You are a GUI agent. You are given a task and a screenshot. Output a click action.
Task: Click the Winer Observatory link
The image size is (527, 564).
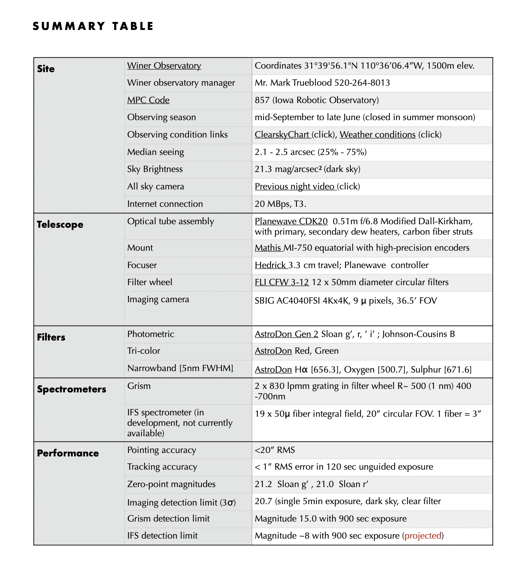click(x=164, y=66)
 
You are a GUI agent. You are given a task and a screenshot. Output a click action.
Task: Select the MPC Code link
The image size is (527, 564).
click(x=148, y=100)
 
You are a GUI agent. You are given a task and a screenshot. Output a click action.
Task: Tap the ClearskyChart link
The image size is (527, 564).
click(x=282, y=135)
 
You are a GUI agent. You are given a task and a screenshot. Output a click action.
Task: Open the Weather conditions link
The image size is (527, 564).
click(x=378, y=135)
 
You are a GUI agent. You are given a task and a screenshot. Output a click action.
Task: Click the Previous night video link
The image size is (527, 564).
click(x=295, y=187)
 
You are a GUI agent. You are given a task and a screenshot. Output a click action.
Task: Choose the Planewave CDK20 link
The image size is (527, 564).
click(x=291, y=221)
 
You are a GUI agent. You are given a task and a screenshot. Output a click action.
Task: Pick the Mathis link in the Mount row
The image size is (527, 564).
click(x=268, y=248)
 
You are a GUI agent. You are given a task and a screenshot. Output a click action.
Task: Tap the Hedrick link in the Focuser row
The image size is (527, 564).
click(x=271, y=265)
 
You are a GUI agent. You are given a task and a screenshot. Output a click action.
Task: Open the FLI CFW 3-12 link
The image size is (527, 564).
click(x=282, y=282)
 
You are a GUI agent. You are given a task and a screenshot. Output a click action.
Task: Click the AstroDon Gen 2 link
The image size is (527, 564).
click(x=286, y=334)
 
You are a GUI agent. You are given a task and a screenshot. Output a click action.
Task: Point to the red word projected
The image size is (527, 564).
click(x=423, y=535)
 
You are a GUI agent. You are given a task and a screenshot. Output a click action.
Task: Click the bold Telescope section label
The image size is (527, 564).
click(x=60, y=225)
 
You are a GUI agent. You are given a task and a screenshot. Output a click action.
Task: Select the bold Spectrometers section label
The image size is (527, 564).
click(x=72, y=389)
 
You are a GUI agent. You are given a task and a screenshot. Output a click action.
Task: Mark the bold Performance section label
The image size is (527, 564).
click(x=68, y=453)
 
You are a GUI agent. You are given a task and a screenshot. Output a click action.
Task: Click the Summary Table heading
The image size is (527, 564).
click(x=93, y=26)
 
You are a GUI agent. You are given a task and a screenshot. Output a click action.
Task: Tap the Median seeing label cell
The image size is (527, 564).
click(x=156, y=152)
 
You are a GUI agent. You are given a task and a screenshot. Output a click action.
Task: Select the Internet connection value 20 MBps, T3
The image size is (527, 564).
click(x=280, y=204)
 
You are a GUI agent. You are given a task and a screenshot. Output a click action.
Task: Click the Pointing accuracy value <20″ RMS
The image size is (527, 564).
click(x=275, y=450)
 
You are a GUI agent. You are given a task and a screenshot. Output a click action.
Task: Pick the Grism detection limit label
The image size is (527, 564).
click(x=168, y=519)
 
